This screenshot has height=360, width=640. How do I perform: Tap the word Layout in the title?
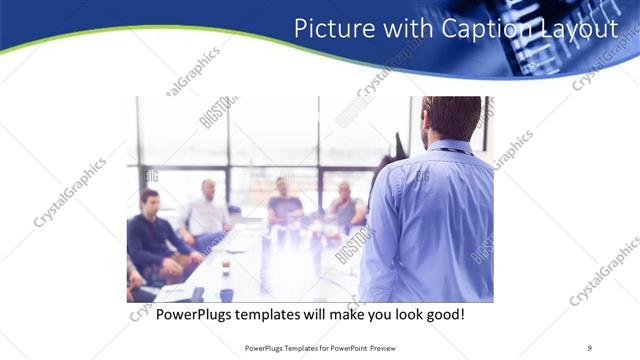tap(573, 29)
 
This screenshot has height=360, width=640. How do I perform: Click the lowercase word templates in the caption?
tap(278, 314)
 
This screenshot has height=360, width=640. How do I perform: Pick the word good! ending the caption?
tap(438, 314)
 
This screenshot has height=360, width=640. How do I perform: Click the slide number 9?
tap(589, 347)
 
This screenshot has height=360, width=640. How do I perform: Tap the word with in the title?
tap(401, 29)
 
